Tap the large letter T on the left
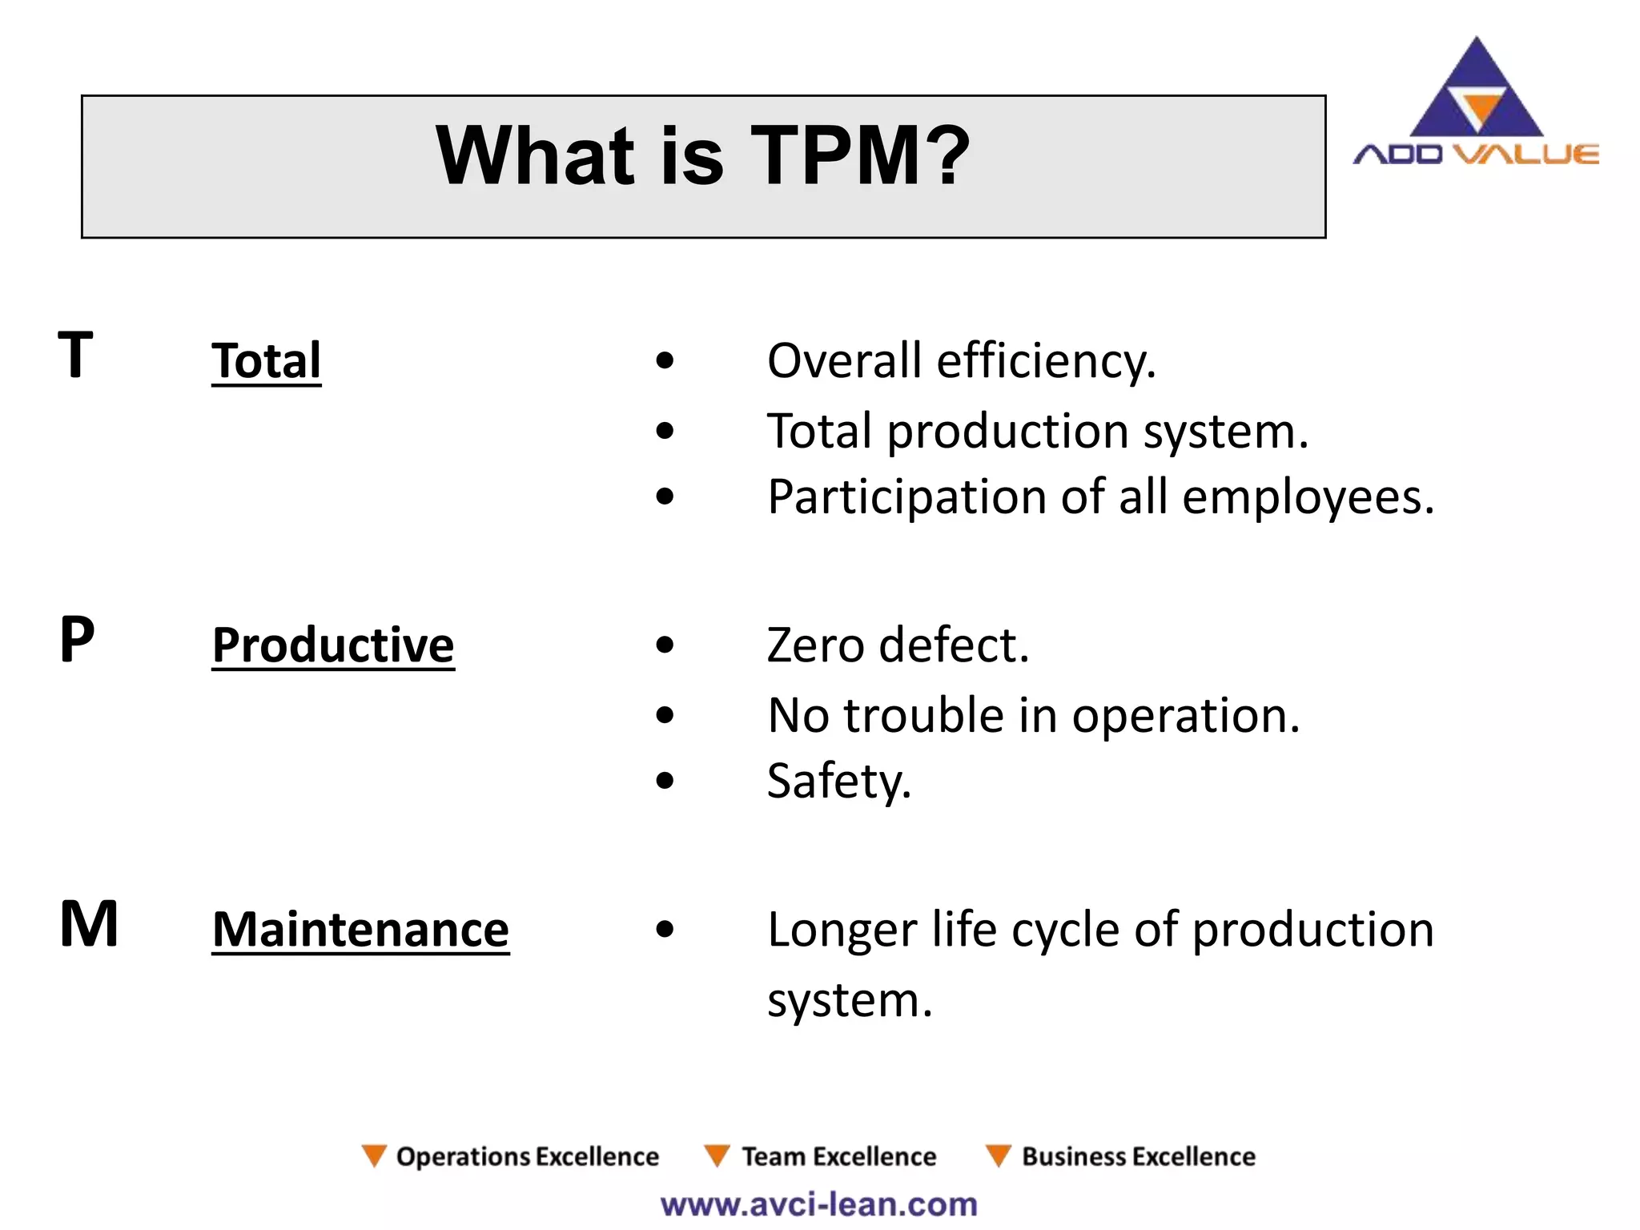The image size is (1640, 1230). [x=76, y=355]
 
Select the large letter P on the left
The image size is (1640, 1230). [x=77, y=640]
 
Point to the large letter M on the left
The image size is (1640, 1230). [x=89, y=924]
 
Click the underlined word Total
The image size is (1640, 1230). [x=266, y=360]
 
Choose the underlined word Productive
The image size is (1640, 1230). [x=333, y=645]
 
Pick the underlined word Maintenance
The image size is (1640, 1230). [x=360, y=930]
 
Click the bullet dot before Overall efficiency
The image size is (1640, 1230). [x=665, y=361]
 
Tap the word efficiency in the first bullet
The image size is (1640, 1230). [x=1046, y=361]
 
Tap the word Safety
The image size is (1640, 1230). [x=838, y=782]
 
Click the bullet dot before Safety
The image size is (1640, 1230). [x=665, y=781]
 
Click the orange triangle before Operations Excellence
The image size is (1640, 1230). [x=374, y=1155]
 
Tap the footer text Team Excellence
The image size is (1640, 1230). [x=838, y=1156]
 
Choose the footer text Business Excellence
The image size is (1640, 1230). [x=1138, y=1156]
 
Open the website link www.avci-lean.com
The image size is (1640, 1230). [x=818, y=1204]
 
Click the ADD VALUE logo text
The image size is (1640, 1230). [x=1476, y=154]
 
